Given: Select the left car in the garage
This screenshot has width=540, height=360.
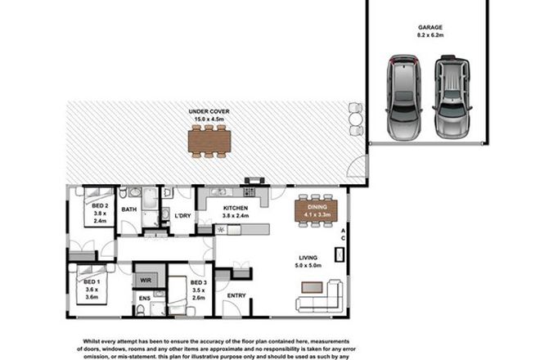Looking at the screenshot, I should click(x=403, y=97).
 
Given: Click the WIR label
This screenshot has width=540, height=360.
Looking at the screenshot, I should click(x=146, y=280).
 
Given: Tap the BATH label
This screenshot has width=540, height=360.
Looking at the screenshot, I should click(x=129, y=209).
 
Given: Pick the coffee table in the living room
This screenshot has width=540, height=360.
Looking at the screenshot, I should click(x=311, y=286).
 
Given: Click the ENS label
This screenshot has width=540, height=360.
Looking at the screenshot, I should click(x=144, y=299).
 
